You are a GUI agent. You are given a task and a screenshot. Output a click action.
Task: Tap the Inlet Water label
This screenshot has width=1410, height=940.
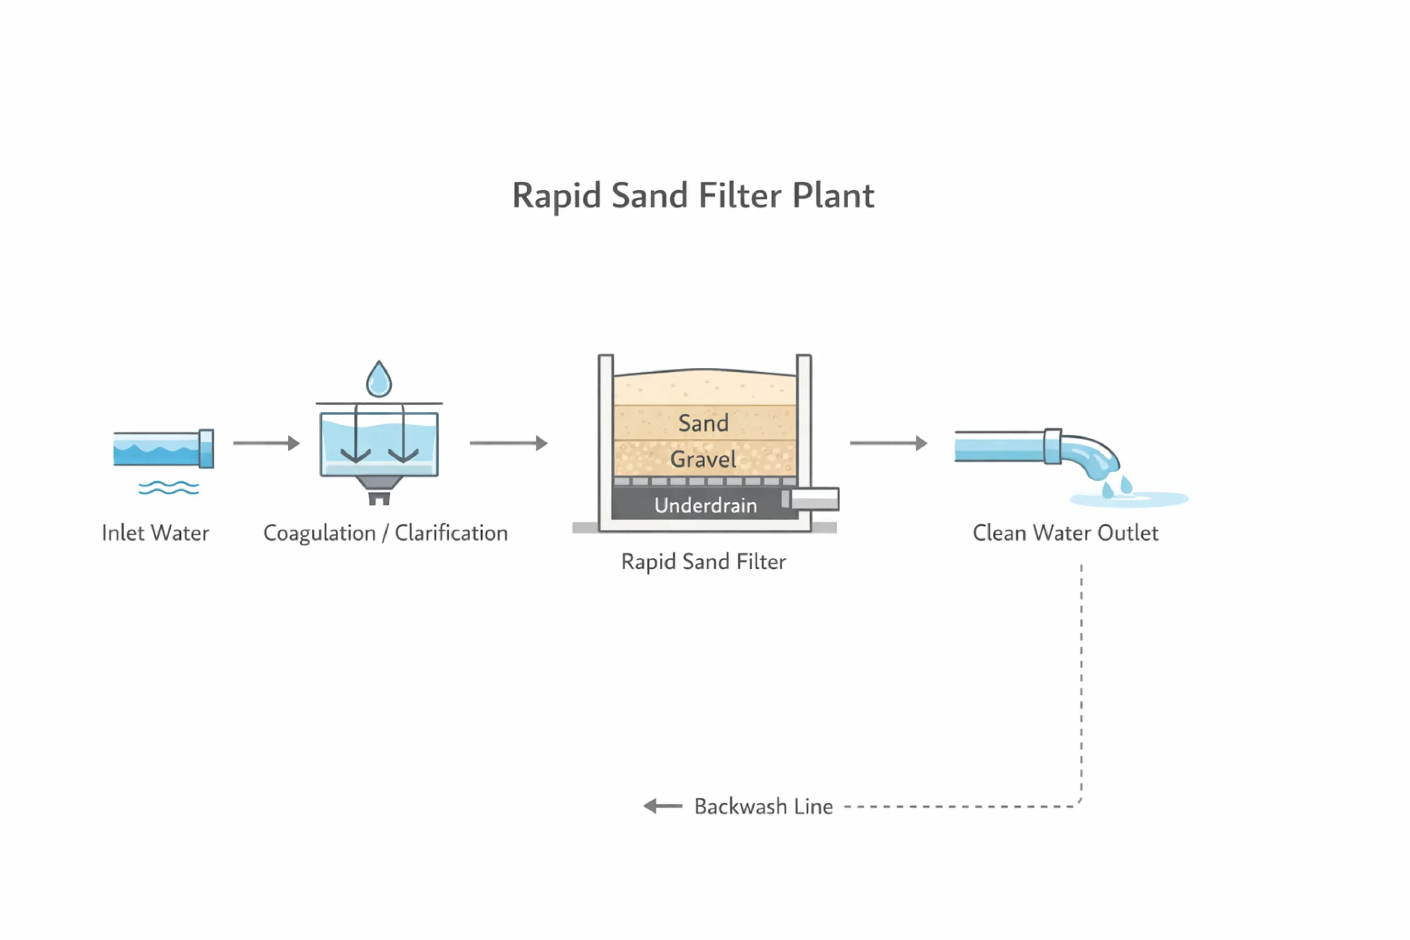[155, 533]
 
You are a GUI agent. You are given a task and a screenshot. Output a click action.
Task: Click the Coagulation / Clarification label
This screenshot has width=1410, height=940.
[385, 533]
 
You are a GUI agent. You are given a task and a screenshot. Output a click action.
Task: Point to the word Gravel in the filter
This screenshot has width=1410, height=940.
[703, 459]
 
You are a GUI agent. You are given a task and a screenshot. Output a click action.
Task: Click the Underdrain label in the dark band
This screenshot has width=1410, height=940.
[705, 506]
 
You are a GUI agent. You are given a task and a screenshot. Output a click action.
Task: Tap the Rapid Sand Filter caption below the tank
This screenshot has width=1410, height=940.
[703, 562]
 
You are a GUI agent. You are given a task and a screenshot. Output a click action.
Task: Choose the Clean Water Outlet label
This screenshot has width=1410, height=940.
[1065, 533]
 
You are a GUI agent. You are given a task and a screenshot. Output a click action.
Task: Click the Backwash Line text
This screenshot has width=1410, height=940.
[763, 806]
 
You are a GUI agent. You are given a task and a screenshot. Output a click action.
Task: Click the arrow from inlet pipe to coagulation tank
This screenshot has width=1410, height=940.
[266, 443]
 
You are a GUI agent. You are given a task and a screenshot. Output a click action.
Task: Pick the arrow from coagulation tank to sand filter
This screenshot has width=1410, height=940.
[508, 443]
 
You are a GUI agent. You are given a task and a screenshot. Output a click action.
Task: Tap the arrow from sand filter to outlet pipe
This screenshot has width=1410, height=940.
[888, 443]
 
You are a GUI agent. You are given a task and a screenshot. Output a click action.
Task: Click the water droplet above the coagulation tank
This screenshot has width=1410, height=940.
[379, 379]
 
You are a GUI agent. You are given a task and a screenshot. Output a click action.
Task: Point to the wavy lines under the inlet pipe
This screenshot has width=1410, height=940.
[169, 488]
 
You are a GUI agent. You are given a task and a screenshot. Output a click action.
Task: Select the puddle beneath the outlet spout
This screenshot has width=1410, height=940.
[1130, 499]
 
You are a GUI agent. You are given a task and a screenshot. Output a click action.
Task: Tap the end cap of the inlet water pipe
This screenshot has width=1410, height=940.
[206, 448]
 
